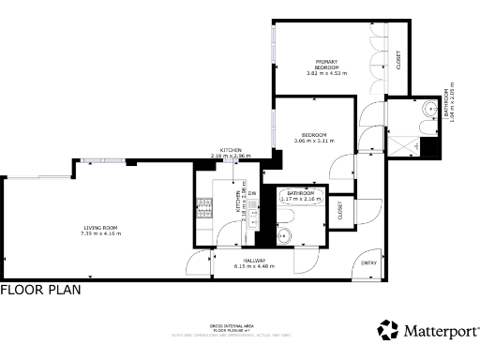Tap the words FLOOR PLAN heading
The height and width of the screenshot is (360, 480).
[40, 291]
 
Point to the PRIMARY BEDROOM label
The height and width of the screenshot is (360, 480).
[326, 64]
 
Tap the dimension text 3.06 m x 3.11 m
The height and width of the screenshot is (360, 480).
[313, 141]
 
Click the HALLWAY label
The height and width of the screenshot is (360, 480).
[254, 261]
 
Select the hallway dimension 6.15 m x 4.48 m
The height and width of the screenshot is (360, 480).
[254, 267]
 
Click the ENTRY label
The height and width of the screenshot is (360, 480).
[368, 262]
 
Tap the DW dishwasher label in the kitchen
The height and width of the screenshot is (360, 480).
[251, 193]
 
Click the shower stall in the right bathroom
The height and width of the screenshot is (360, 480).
[406, 144]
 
